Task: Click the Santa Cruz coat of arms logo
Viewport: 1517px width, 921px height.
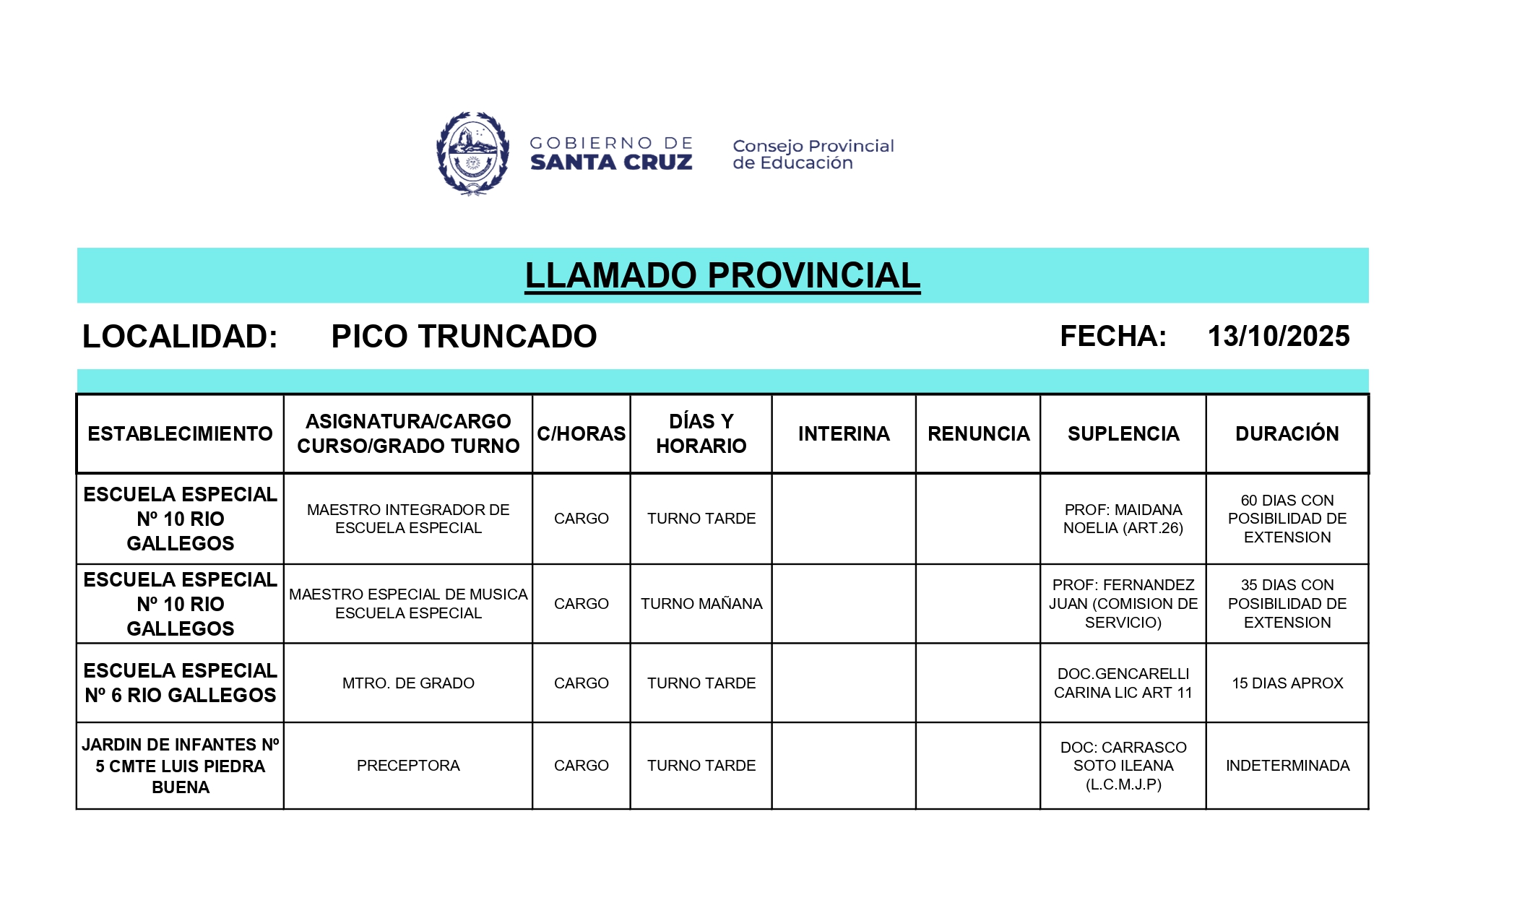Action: pos(472,153)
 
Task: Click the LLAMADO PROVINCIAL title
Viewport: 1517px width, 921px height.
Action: pos(722,276)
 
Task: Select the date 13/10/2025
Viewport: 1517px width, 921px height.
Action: pos(1278,337)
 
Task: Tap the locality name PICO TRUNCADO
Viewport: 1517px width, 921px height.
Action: pos(464,337)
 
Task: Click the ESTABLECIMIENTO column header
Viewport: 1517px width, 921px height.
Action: pos(180,433)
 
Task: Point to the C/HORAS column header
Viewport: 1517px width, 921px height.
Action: pos(581,433)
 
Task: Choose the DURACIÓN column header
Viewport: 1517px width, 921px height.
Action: pos(1287,433)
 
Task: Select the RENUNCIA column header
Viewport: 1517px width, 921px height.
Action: pos(978,433)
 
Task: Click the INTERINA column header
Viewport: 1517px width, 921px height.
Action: pos(844,433)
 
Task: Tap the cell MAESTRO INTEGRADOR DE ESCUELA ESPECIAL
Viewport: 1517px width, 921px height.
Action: pos(408,519)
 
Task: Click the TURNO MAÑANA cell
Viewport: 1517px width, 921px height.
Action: pos(701,604)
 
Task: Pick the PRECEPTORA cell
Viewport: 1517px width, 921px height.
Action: pos(408,766)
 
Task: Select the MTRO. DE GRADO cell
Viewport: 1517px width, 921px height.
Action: pos(408,683)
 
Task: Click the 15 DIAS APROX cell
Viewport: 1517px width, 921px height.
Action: pos(1287,683)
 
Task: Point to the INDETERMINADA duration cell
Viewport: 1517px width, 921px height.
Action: pos(1287,766)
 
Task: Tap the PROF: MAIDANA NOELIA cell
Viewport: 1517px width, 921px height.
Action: pos(1123,519)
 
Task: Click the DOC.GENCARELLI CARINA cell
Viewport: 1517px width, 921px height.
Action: pos(1123,683)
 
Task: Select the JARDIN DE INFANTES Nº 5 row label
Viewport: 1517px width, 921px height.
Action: pos(180,766)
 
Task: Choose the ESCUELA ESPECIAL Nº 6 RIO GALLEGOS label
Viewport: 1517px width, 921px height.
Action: pos(180,683)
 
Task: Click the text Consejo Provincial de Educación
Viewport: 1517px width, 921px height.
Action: pos(813,155)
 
